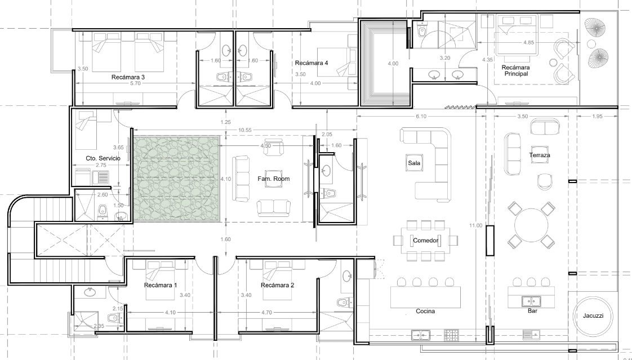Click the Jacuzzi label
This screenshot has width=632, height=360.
(x=593, y=315)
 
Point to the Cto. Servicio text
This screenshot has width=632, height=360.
(x=103, y=158)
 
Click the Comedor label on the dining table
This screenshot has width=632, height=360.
(x=425, y=241)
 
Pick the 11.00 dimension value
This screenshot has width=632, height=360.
(x=475, y=225)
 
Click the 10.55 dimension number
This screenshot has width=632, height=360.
(x=244, y=130)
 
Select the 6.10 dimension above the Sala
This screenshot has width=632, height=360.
(x=420, y=116)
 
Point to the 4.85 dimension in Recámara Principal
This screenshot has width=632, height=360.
(x=529, y=42)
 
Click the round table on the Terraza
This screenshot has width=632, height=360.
(x=531, y=225)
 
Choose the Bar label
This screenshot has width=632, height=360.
(x=532, y=311)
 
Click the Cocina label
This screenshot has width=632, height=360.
(x=425, y=311)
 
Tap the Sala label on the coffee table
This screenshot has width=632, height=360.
(x=415, y=163)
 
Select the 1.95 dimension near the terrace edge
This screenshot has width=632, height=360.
(x=598, y=116)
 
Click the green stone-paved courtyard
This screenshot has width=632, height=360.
(x=176, y=179)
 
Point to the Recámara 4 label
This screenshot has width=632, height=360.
(x=311, y=63)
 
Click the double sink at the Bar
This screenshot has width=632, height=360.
(x=531, y=301)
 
